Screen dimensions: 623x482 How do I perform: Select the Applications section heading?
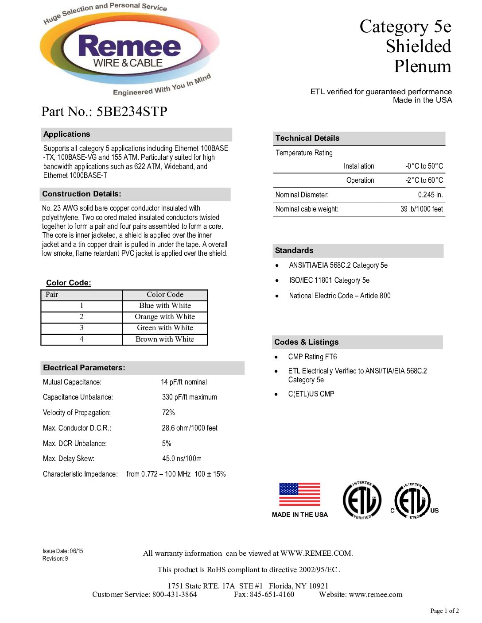coord(67,135)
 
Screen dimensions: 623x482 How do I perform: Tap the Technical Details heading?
coord(307,138)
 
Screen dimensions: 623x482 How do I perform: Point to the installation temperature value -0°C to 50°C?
coord(424,166)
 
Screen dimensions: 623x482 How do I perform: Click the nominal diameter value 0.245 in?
coord(430,195)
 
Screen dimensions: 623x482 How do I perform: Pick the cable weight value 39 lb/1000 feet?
coord(421,209)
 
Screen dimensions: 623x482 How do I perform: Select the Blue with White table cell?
coord(165,306)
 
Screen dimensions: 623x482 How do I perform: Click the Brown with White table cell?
coord(165,339)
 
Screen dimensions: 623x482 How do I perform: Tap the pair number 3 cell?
coord(82,328)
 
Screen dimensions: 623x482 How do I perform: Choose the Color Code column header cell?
coord(165,295)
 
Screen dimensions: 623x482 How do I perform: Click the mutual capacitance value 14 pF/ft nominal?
coord(184,382)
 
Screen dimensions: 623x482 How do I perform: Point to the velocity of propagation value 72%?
coord(168,413)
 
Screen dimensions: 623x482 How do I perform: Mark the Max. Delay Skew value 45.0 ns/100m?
coord(182,459)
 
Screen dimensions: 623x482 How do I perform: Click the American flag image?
coord(299,494)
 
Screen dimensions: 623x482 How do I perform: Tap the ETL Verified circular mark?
coord(362,500)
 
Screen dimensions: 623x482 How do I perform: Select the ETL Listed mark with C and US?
coord(414,501)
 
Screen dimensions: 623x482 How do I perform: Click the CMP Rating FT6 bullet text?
coord(312,357)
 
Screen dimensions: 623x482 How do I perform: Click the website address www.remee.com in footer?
coord(376,595)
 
